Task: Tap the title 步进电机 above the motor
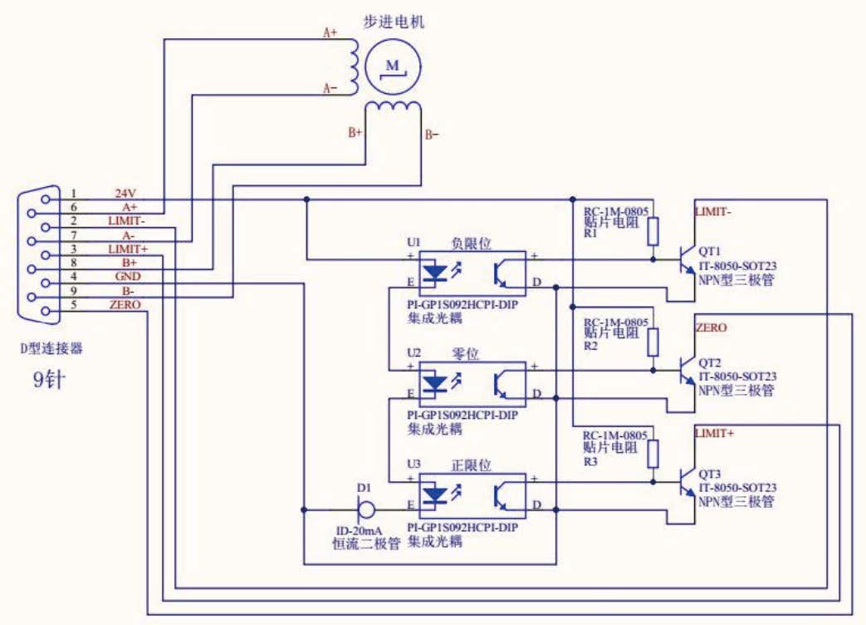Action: point(394,22)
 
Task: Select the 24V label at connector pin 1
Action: point(125,194)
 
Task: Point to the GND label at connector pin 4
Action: point(127,276)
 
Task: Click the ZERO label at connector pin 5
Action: point(125,304)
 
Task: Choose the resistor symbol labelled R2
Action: point(653,341)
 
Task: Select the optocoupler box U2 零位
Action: point(472,383)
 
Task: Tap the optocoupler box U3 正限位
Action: point(472,495)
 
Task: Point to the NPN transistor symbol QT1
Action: point(686,259)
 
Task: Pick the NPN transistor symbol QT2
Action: point(686,370)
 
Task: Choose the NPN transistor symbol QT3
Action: point(686,481)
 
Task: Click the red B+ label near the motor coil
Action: point(355,132)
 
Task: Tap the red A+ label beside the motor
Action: point(330,33)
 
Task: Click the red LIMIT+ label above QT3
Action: point(713,433)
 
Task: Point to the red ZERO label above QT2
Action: point(710,327)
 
